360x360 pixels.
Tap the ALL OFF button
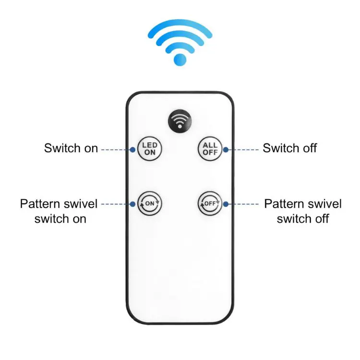[x=210, y=149]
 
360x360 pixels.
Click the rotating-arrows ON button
[x=150, y=204]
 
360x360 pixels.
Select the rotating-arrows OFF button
[x=210, y=204]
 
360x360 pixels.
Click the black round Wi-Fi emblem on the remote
[x=180, y=121]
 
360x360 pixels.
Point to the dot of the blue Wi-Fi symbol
[x=180, y=60]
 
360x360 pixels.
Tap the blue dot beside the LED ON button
[x=132, y=150]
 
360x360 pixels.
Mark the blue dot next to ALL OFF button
[x=226, y=150]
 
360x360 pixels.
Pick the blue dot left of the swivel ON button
[x=132, y=204]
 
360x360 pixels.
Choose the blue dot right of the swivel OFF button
[x=226, y=204]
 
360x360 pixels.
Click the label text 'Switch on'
[x=71, y=148]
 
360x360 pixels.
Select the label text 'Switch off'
[x=290, y=148]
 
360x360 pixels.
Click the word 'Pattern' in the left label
[x=38, y=204]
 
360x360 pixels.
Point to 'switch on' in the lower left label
[x=60, y=219]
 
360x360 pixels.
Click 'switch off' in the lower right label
[x=303, y=219]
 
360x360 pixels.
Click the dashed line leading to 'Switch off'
[x=243, y=150]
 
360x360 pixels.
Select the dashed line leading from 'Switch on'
[x=116, y=150]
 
